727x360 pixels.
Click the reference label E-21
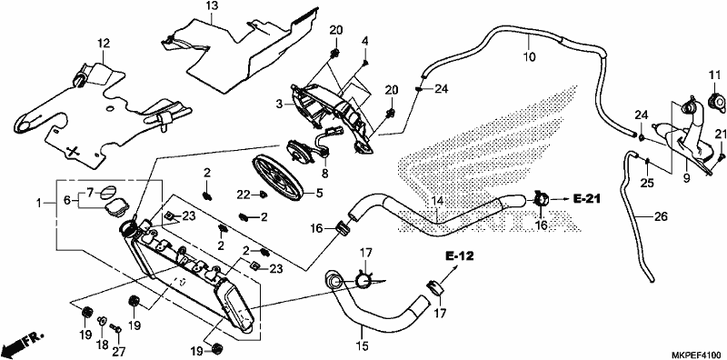[x=586, y=199]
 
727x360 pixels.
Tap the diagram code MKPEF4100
[x=696, y=354]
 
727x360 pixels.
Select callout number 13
[x=212, y=6]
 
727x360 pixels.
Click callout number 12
[x=104, y=43]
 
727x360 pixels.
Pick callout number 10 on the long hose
[x=529, y=57]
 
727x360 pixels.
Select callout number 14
[x=438, y=201]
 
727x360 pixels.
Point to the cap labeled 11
[x=716, y=100]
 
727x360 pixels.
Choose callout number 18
[x=102, y=345]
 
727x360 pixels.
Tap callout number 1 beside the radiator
[x=40, y=204]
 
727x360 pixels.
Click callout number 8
[x=325, y=174]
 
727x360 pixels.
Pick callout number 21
[x=720, y=134]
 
